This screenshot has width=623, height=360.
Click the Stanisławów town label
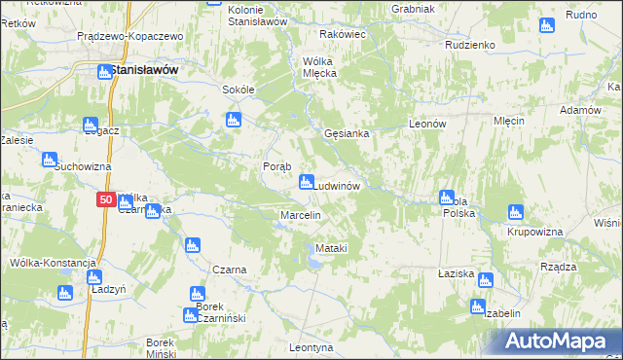tap(145, 70)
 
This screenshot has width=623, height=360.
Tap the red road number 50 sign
tap(106, 200)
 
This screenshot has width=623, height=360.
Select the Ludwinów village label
tap(338, 185)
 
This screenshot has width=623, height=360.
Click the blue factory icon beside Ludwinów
tap(306, 181)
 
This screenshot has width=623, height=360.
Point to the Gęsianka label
tap(346, 134)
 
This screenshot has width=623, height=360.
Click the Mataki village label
tap(331, 249)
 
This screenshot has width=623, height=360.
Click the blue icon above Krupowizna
tap(515, 211)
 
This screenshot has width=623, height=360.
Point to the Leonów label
tap(426, 125)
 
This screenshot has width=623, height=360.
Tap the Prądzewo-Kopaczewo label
tap(130, 35)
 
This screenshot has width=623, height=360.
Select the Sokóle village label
tap(238, 90)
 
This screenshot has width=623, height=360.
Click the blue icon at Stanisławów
tap(103, 70)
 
